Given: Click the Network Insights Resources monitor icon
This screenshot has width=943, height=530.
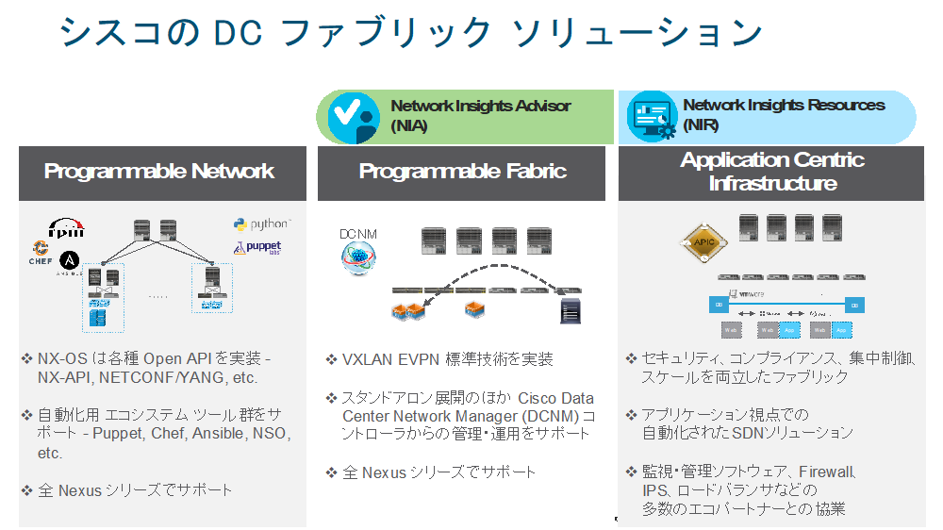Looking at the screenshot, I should [653, 117].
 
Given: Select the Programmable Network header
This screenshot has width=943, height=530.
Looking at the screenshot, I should [159, 172].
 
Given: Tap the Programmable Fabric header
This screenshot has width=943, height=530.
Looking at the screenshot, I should [462, 172].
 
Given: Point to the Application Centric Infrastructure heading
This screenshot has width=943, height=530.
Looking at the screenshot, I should [772, 172].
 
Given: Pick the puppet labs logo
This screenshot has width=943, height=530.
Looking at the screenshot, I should [257, 248].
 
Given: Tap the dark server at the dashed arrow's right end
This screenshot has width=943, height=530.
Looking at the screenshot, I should [570, 309].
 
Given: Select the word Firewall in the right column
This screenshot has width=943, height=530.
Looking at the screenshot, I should [826, 472].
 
